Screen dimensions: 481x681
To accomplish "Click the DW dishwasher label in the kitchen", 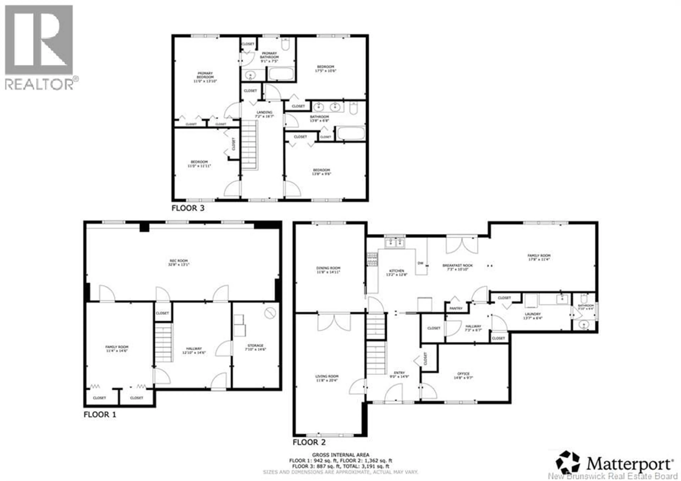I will click(x=420, y=263).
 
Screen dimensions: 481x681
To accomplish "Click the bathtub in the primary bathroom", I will click(x=281, y=74).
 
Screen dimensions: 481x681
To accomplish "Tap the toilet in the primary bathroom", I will click(x=285, y=45).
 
